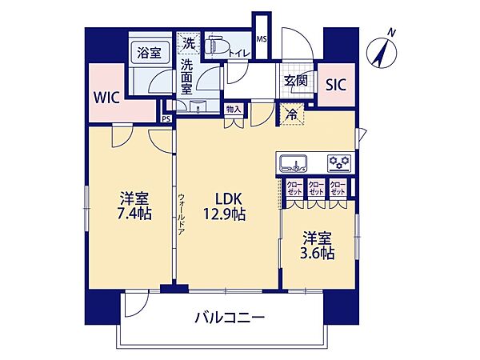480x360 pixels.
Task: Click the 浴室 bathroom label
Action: [x=149, y=53]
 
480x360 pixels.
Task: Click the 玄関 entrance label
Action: [x=294, y=82]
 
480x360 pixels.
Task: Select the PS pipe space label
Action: [x=166, y=118]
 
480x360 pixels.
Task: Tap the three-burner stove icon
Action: [x=339, y=162]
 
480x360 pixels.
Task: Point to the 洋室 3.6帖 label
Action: [x=318, y=245]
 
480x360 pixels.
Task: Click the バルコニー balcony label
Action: [x=230, y=318]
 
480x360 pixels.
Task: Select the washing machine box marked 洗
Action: [x=189, y=42]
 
